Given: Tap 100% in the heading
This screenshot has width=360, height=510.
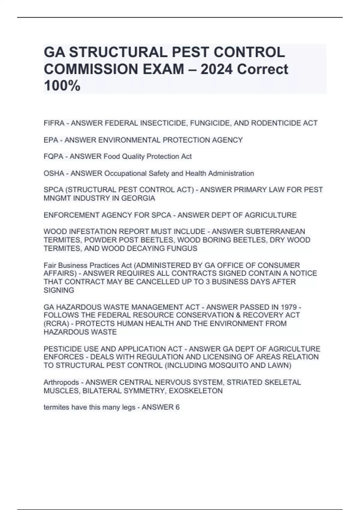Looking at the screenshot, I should click(x=62, y=86).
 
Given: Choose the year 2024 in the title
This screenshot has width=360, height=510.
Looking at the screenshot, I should click(x=216, y=69).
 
